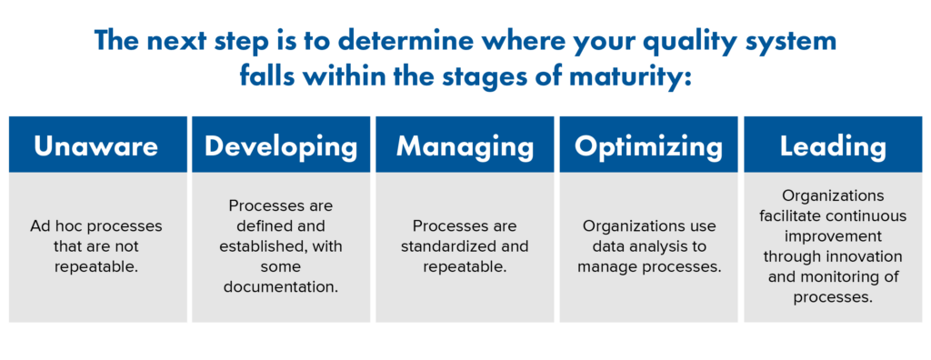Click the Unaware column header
(x=95, y=145)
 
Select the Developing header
(x=280, y=145)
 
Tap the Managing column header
(x=465, y=145)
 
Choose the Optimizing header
(x=648, y=145)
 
